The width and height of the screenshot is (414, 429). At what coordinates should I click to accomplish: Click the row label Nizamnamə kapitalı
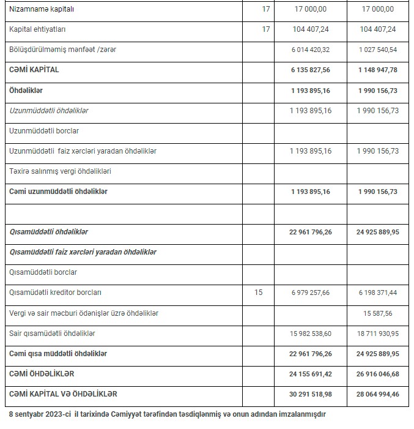coord(42,10)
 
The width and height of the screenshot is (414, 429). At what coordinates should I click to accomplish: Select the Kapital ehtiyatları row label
coord(37,29)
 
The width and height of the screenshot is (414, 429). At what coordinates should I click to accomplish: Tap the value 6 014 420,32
coord(309,50)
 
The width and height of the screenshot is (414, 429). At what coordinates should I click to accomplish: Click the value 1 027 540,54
coord(377,50)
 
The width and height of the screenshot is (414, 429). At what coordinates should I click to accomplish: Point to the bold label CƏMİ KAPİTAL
coord(34,70)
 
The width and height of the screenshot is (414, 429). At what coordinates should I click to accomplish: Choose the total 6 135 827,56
coord(309,70)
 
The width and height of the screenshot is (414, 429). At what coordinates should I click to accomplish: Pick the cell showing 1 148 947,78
coord(377,70)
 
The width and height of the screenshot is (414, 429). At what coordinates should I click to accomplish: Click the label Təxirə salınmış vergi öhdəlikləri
coord(60,171)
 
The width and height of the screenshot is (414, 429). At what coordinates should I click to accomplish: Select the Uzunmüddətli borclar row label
coord(44,131)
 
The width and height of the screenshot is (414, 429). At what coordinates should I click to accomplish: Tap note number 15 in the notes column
coord(258,293)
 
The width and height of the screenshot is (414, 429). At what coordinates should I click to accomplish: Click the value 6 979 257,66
coord(309,293)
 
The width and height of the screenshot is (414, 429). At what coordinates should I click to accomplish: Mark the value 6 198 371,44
coord(377,293)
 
